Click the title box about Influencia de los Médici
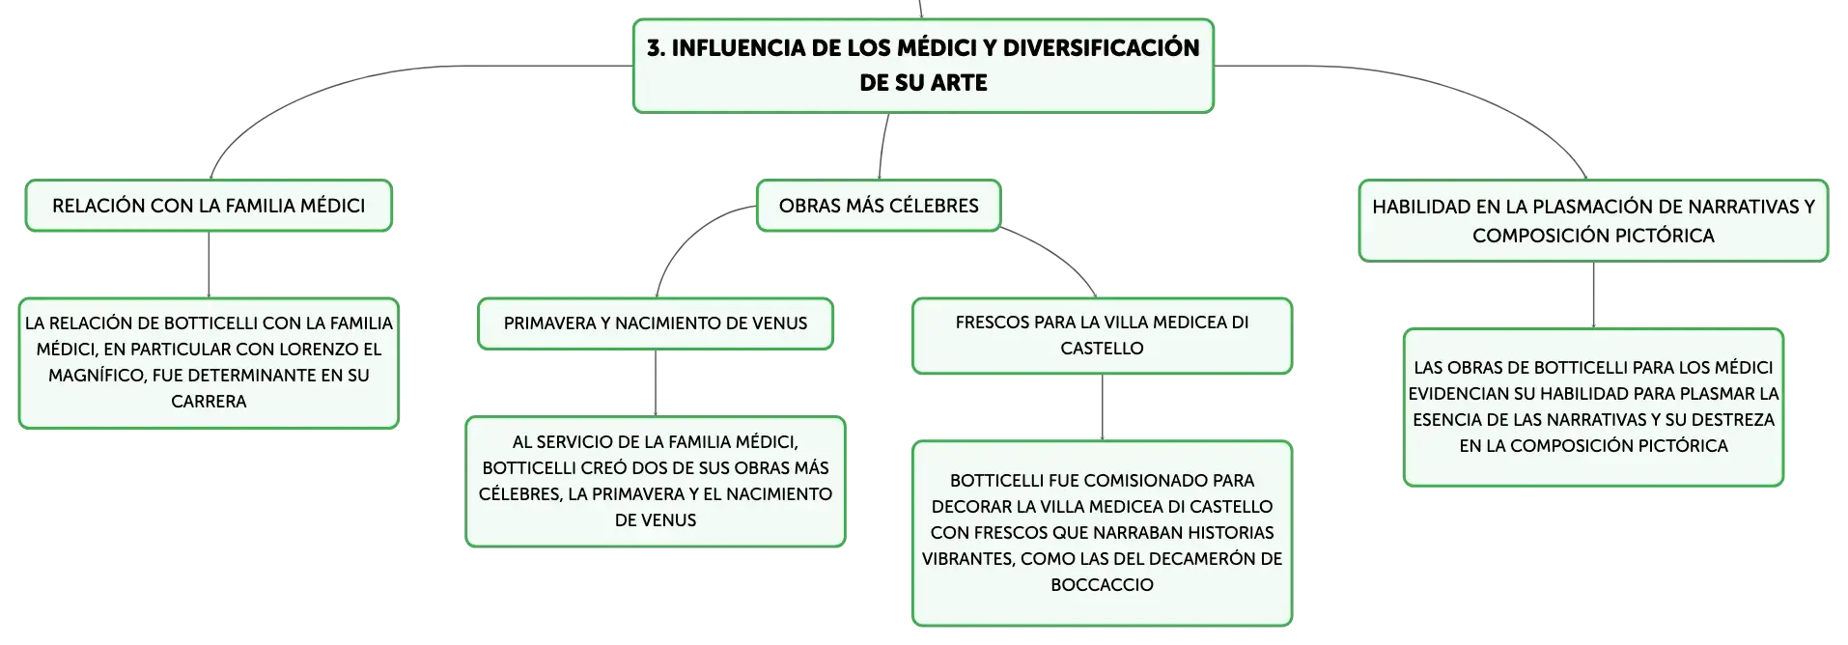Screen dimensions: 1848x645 click(x=923, y=66)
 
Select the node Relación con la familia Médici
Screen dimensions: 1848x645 click(x=209, y=206)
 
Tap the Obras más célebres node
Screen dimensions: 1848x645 click(x=879, y=206)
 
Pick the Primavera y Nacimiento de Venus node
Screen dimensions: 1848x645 click(x=656, y=323)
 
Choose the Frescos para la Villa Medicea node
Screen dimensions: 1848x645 click(x=1102, y=335)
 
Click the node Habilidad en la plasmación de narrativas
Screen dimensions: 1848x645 click(x=1593, y=220)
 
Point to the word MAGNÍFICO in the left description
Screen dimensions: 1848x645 click(x=98, y=376)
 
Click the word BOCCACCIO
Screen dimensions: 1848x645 click(x=1102, y=585)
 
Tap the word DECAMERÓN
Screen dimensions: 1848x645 click(x=1202, y=559)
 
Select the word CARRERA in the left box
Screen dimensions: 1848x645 click(x=209, y=402)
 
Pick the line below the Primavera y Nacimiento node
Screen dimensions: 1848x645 click(x=656, y=383)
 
